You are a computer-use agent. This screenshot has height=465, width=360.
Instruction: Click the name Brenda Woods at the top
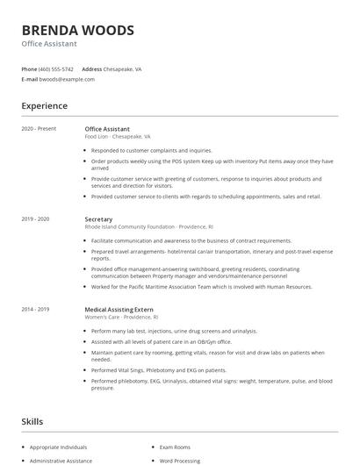click(x=78, y=30)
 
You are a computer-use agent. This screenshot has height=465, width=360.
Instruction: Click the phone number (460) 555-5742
click(x=55, y=68)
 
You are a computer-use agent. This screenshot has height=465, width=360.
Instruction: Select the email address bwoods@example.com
click(x=67, y=79)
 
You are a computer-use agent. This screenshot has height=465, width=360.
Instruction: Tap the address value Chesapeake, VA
click(x=123, y=68)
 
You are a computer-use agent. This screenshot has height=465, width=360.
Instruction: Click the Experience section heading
click(x=45, y=106)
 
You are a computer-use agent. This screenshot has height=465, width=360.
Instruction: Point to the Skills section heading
click(x=32, y=422)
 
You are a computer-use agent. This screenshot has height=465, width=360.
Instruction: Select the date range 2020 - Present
click(x=39, y=129)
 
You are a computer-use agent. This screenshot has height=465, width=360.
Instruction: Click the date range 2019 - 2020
click(x=35, y=218)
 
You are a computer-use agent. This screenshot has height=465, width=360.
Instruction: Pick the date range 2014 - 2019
click(x=35, y=309)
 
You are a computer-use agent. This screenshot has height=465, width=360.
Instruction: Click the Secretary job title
click(x=98, y=218)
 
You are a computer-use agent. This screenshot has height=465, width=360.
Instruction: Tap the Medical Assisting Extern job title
click(x=119, y=309)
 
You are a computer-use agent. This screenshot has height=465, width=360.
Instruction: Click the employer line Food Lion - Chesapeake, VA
click(x=118, y=137)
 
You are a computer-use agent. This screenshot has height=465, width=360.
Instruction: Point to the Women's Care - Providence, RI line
click(x=121, y=317)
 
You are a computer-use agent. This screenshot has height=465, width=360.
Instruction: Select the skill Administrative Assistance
click(x=62, y=460)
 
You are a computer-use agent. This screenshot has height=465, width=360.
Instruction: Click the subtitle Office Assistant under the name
click(x=49, y=44)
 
